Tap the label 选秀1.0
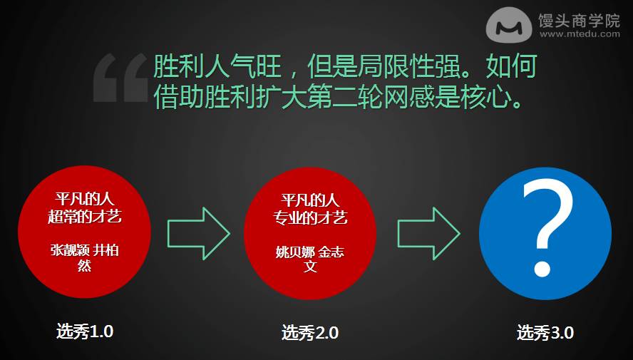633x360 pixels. pos(85,331)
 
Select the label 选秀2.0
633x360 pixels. pos(309,333)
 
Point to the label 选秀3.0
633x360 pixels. pos(545,333)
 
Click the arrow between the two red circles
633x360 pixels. pos(199,233)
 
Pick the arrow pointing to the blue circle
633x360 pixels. pos(428,233)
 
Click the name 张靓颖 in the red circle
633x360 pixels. pos(69,250)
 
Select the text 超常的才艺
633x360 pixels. pos(85,216)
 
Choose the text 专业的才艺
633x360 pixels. pos(310,218)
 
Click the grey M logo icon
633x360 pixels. pos(509,25)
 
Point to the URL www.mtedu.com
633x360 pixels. pos(580,34)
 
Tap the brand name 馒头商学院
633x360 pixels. pos(579,20)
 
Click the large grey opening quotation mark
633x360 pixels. pos(120,78)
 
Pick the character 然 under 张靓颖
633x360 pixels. pos(84,266)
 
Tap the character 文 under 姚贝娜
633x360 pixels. pos(310,267)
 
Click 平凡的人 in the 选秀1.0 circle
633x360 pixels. pos(85,199)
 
